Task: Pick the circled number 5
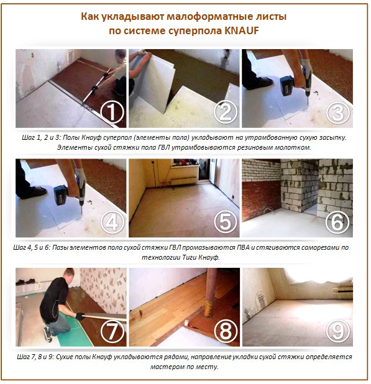point(224,222)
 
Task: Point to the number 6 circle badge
point(337,222)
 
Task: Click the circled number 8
point(224,331)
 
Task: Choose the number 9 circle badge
point(337,331)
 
